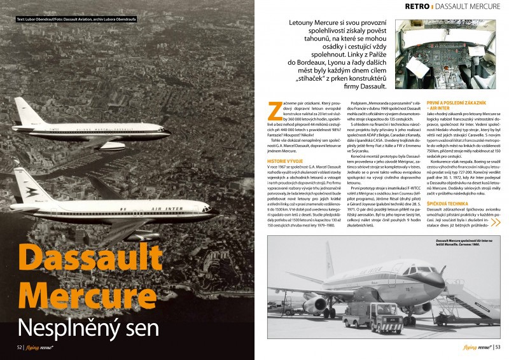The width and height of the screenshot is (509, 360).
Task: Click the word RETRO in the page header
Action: point(417,6)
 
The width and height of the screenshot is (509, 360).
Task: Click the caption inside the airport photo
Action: point(471,243)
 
